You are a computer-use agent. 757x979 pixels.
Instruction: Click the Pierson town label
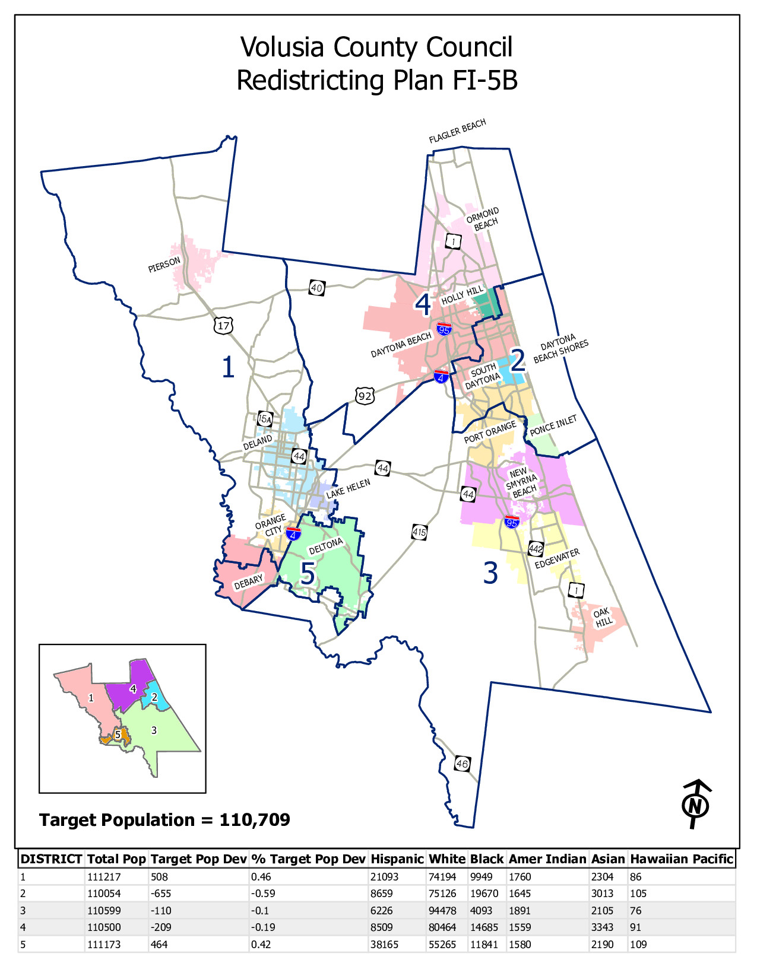[x=164, y=265]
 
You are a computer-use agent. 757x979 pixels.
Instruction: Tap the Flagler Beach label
[x=457, y=131]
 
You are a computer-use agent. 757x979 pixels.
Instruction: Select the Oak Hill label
[x=603, y=618]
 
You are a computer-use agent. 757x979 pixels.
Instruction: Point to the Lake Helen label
[x=348, y=489]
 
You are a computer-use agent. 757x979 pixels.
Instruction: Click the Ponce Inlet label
[x=553, y=425]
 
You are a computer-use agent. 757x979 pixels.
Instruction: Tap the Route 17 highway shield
[x=224, y=325]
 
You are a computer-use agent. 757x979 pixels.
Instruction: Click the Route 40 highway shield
[x=316, y=288]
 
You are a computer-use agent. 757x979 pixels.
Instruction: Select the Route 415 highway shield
[x=419, y=532]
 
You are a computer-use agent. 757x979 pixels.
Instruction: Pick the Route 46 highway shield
[x=463, y=764]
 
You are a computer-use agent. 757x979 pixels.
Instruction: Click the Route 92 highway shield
[x=365, y=395]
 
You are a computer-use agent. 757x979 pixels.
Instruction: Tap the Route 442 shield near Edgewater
[x=536, y=548]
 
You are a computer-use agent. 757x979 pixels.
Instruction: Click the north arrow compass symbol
[x=695, y=805]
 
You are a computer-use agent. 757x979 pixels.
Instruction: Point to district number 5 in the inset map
[x=118, y=735]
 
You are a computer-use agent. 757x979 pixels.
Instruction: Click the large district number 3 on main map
[x=490, y=573]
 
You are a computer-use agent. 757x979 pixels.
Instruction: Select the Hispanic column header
[x=397, y=859]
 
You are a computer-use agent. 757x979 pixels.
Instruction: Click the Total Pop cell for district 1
[x=104, y=877]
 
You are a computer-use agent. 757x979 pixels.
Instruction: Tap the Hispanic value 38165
[x=384, y=944]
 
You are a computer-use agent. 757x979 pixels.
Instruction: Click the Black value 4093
[x=482, y=911]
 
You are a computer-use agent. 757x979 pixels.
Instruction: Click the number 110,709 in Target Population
[x=255, y=820]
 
